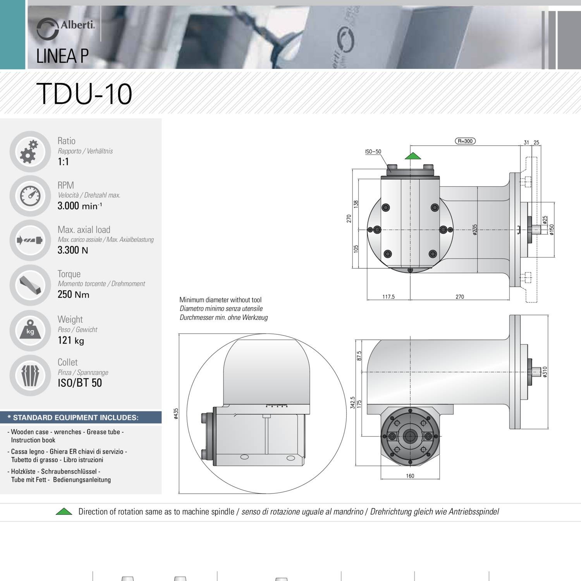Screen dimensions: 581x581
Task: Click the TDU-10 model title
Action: (x=84, y=94)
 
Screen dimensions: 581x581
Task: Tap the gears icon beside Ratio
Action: (x=29, y=151)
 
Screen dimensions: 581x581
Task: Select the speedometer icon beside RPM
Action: (x=30, y=196)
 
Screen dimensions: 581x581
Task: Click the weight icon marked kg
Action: (x=30, y=330)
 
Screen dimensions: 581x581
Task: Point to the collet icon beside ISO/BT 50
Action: (x=30, y=375)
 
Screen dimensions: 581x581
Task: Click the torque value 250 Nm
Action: (x=73, y=294)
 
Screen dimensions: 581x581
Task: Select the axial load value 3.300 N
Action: (x=72, y=250)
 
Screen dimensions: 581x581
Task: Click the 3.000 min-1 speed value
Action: (x=79, y=206)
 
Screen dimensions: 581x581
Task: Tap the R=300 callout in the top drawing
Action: (x=465, y=141)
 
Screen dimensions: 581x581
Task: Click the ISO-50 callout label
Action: (x=373, y=151)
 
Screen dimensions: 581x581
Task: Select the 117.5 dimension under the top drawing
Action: (x=388, y=297)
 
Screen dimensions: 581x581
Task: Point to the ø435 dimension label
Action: (x=176, y=414)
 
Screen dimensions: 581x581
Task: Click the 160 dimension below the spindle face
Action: (x=410, y=476)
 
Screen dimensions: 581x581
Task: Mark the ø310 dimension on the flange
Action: (x=545, y=372)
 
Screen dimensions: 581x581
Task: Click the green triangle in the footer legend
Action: (x=64, y=512)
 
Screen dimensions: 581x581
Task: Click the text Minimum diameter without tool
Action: (x=220, y=300)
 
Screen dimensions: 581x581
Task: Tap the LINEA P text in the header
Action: (x=62, y=56)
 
